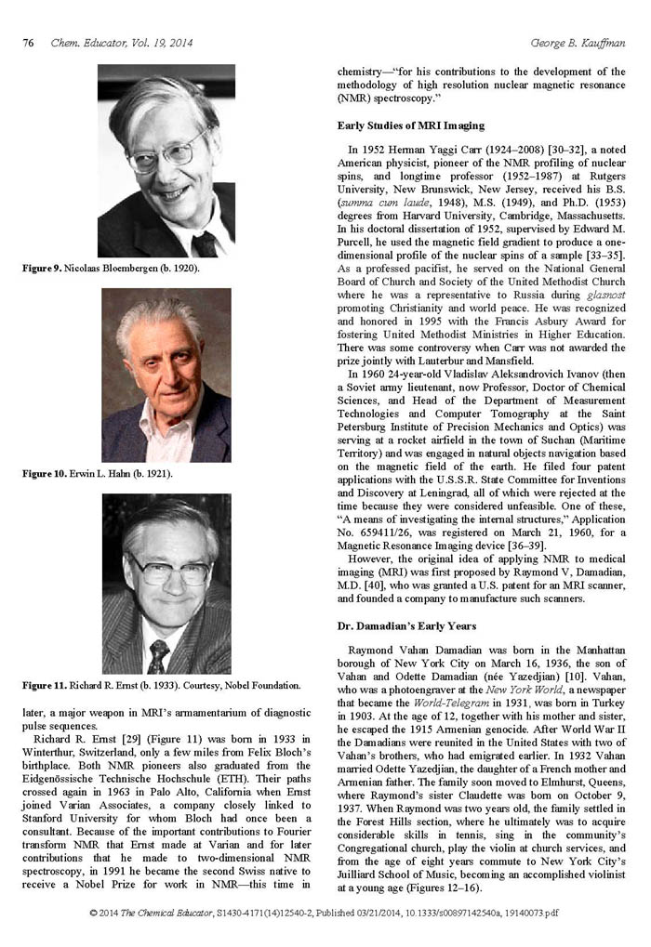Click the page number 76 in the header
click(x=28, y=43)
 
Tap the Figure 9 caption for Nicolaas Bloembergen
click(x=111, y=269)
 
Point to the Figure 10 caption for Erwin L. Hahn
click(x=98, y=474)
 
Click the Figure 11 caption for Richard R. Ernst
click(x=161, y=686)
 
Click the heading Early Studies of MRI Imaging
click(x=410, y=125)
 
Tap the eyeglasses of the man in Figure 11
click(x=167, y=569)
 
